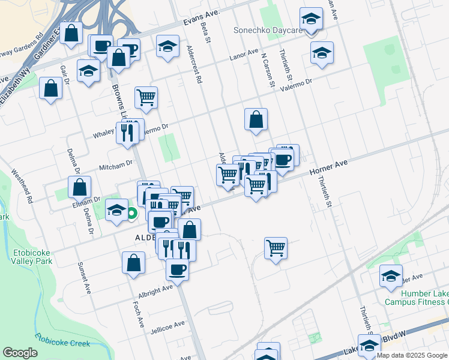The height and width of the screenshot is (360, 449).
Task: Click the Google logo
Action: pos(20,353)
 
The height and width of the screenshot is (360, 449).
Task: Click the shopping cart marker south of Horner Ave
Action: pos(276,247)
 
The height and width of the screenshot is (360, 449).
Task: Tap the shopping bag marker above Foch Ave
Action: pos(133,262)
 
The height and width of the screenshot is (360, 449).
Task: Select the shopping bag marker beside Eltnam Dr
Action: pos(80,187)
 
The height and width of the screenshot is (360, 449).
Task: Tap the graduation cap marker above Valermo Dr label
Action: pos(322,53)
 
